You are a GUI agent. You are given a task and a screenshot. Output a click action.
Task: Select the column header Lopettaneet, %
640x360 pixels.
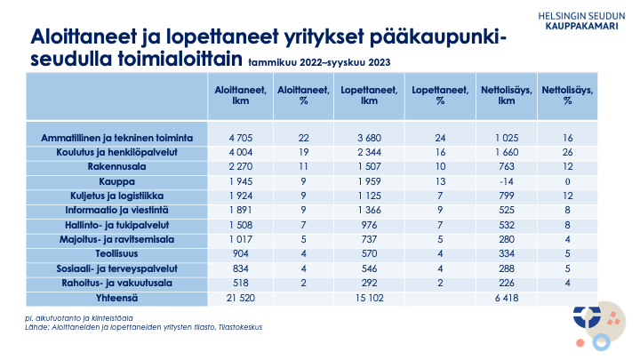pos(440,94)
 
